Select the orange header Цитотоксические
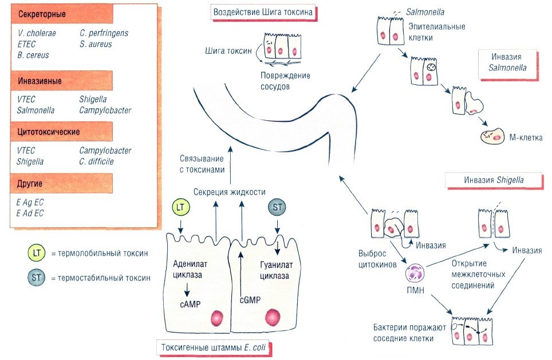pyautogui.click(x=48, y=132)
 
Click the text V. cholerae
pyautogui.click(x=37, y=33)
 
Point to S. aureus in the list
pyautogui.click(x=96, y=44)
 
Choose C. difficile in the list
pyautogui.click(x=97, y=162)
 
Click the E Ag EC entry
pyautogui.click(x=31, y=202)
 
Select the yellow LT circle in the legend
pyautogui.click(x=36, y=253)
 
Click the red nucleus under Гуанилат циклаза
pyautogui.click(x=272, y=317)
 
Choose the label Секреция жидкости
pyautogui.click(x=229, y=192)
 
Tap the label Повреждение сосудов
pyautogui.click(x=277, y=82)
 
